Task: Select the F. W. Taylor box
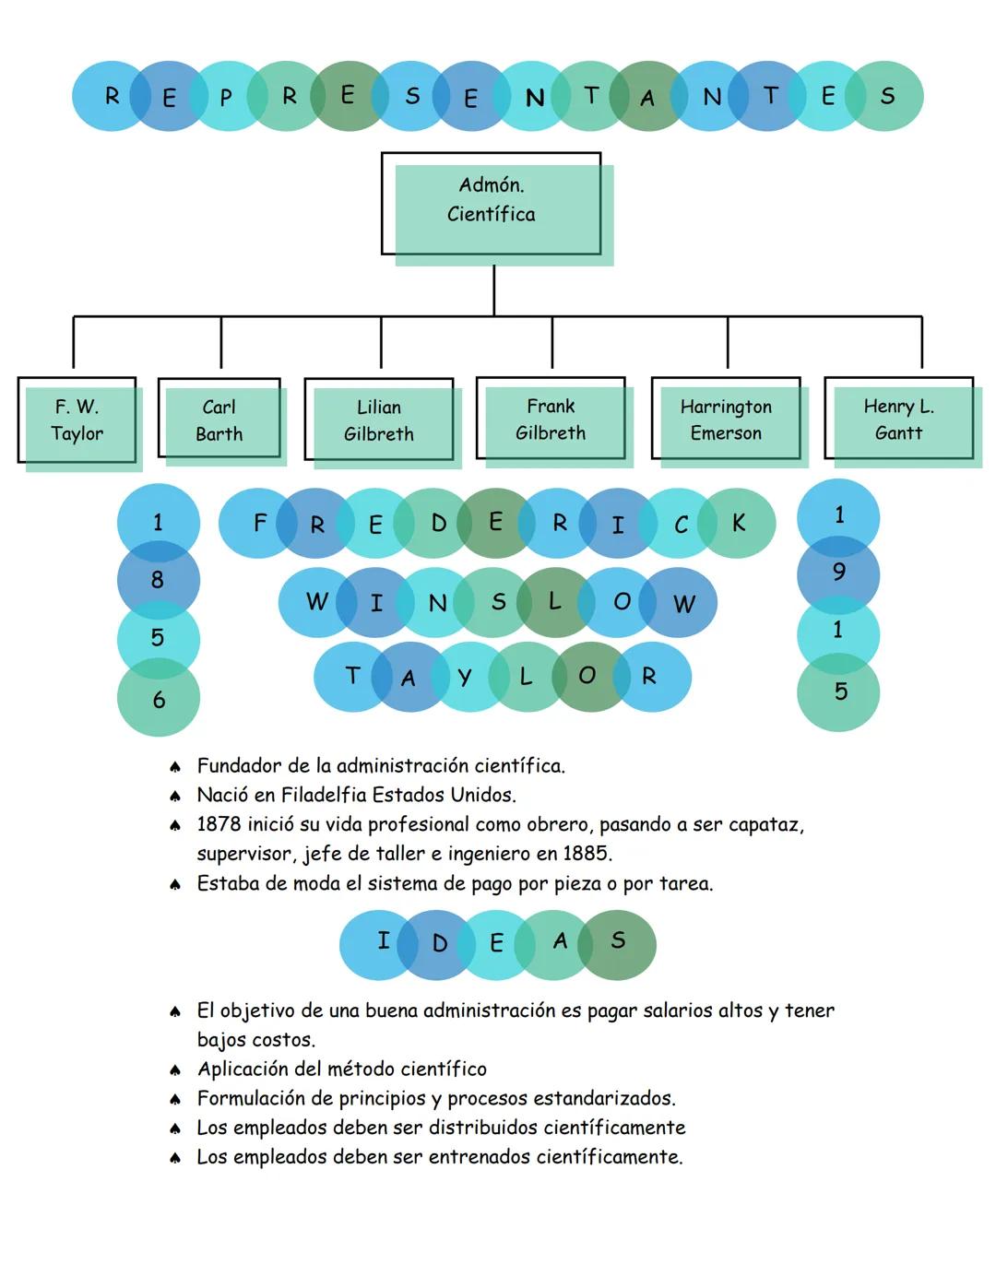pyautogui.click(x=77, y=420)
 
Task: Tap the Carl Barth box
pyautogui.click(x=219, y=420)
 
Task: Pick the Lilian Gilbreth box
pyautogui.click(x=379, y=420)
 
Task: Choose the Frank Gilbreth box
pyautogui.click(x=551, y=419)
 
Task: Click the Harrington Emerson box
pyautogui.click(x=726, y=419)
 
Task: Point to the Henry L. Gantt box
pyautogui.click(x=899, y=419)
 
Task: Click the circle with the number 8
pyautogui.click(x=158, y=580)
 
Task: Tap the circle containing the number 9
pyautogui.click(x=838, y=573)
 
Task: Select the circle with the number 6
pyautogui.click(x=159, y=700)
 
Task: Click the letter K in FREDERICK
pyautogui.click(x=738, y=523)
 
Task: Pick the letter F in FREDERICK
pyautogui.click(x=259, y=523)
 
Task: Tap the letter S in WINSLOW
pyautogui.click(x=498, y=602)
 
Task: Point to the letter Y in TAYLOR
pyautogui.click(x=464, y=678)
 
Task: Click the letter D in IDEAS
pyautogui.click(x=439, y=943)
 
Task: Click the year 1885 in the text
pyautogui.click(x=587, y=854)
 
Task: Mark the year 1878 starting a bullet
pyautogui.click(x=219, y=824)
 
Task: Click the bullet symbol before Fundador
pyautogui.click(x=174, y=767)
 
